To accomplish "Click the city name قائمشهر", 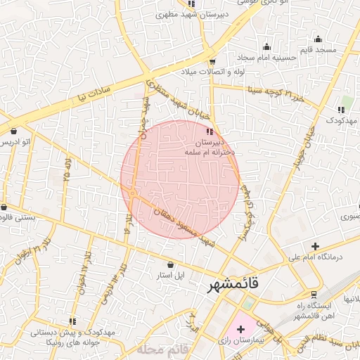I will (x=233, y=285).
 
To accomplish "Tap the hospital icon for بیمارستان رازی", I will (x=241, y=329).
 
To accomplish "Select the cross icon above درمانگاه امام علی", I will (x=315, y=246).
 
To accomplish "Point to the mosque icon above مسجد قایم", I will (x=318, y=39).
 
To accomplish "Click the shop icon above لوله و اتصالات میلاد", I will (x=212, y=61).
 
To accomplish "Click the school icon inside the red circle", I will (x=209, y=131).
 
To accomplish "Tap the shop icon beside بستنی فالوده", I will (x=6, y=207).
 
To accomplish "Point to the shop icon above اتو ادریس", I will (x=14, y=131).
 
